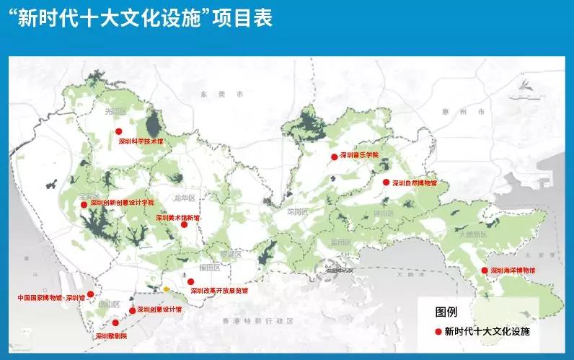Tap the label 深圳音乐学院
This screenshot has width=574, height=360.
359,155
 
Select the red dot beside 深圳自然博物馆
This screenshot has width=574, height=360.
386,183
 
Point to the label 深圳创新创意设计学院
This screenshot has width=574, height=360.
122,203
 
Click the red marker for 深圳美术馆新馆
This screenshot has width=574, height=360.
184,224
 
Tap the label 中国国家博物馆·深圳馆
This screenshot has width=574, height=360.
51,297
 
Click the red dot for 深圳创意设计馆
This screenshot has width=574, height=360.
131,310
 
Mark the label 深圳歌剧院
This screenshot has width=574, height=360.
111,335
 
